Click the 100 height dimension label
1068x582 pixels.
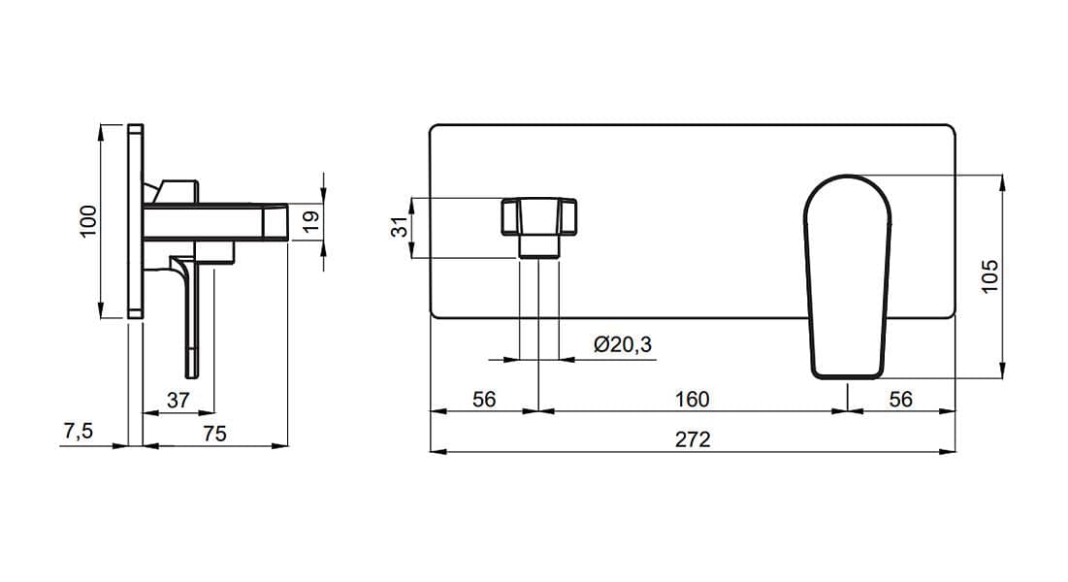tap(88, 221)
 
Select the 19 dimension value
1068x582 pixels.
tap(310, 221)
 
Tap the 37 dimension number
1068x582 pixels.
tap(178, 400)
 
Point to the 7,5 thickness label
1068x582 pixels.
tap(78, 431)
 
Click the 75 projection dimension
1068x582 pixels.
tap(214, 435)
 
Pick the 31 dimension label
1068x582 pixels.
tap(402, 226)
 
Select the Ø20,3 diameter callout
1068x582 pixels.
tap(623, 345)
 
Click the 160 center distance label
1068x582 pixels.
tap(692, 400)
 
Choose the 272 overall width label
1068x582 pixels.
tap(693, 439)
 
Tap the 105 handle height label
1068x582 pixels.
tap(989, 276)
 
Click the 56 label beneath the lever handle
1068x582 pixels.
tap(900, 400)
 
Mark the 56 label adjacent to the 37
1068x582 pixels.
tap(484, 400)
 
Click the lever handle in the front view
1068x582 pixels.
tap(848, 276)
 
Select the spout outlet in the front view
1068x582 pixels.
tap(538, 227)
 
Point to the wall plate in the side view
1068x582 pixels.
tap(136, 221)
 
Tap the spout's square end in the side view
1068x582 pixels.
tap(275, 221)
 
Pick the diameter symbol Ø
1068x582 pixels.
tap(600, 345)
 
